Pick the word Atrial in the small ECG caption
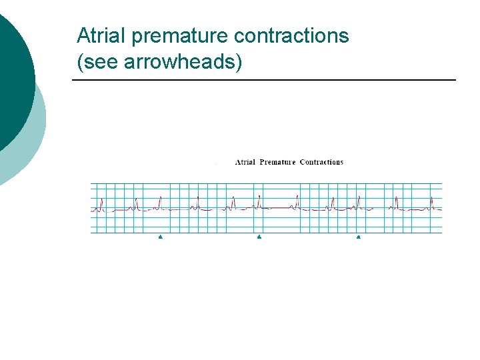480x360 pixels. point(245,162)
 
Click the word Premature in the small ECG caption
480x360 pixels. point(277,162)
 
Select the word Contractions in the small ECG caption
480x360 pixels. point(321,162)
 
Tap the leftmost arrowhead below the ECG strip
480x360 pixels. point(161,237)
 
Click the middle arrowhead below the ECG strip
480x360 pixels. point(259,237)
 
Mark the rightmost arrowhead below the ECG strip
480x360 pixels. point(359,237)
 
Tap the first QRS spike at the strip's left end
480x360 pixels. point(101,203)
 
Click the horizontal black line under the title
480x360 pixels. point(263,81)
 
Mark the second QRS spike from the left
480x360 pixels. point(137,203)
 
